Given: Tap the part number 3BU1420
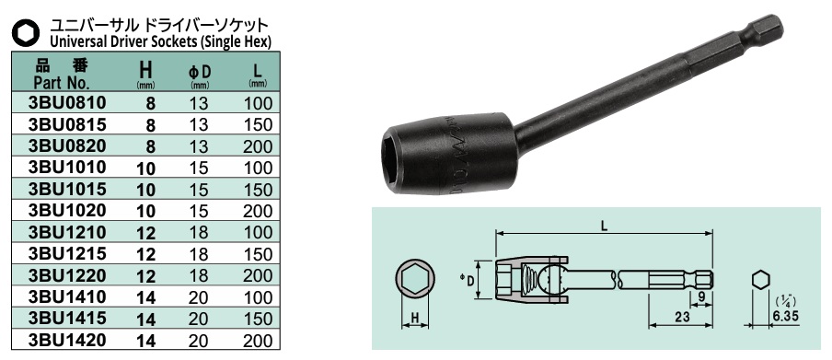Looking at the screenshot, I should coord(68,341).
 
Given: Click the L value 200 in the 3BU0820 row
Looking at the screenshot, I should coord(259,146).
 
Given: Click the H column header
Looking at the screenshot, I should coord(145,69).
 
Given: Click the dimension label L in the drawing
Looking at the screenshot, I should coord(602,222).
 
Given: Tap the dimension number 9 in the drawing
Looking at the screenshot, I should coord(703,296).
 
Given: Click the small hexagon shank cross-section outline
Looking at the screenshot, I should coord(760,279).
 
